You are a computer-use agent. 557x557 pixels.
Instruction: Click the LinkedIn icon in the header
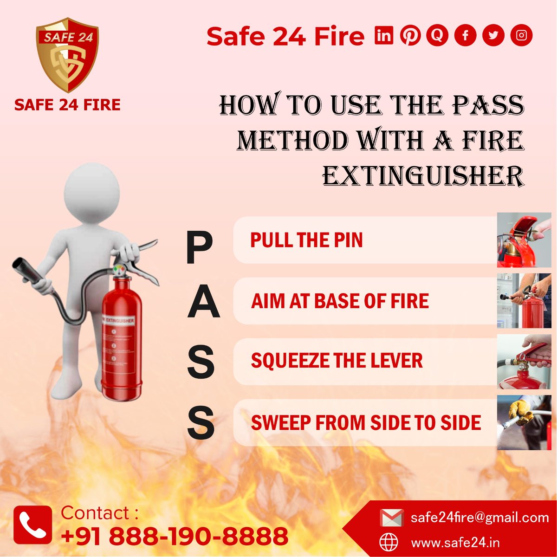click(x=384, y=35)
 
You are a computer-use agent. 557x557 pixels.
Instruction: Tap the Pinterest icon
click(x=410, y=35)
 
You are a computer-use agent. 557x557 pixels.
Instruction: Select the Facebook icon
click(x=466, y=35)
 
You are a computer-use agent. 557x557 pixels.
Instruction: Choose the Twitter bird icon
click(x=493, y=35)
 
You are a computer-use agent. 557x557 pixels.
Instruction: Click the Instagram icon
click(x=521, y=35)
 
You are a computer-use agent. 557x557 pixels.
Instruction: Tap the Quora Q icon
click(x=437, y=35)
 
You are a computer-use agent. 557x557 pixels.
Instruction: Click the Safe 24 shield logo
click(x=67, y=56)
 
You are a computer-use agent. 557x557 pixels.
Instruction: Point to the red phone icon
click(x=32, y=525)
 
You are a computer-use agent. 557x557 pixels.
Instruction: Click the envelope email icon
click(x=391, y=518)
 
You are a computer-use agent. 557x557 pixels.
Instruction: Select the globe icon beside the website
click(x=389, y=542)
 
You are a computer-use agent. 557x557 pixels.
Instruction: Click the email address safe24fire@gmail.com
click(x=479, y=518)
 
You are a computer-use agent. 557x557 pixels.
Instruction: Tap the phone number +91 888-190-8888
click(x=175, y=536)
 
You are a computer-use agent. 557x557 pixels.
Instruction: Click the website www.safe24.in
click(x=455, y=542)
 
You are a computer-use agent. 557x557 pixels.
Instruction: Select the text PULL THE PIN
click(x=306, y=240)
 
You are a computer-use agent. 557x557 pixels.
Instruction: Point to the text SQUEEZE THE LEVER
click(x=337, y=361)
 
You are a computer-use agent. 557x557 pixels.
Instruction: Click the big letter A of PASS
click(x=203, y=302)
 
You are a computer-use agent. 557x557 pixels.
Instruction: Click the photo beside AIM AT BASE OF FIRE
click(x=524, y=301)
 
